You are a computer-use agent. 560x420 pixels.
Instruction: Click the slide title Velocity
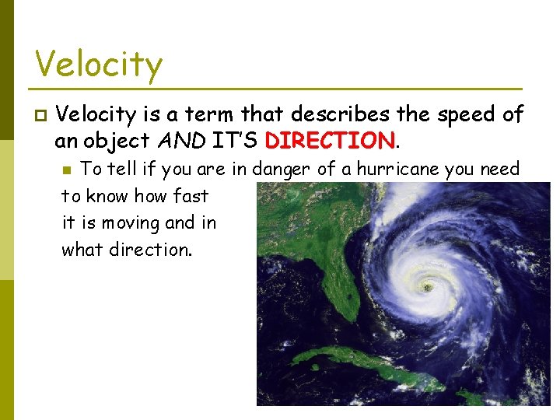[99, 64]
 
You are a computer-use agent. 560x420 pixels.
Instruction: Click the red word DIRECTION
[330, 142]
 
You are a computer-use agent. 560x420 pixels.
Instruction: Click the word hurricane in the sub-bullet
[398, 169]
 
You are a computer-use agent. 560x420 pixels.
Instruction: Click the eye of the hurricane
[426, 288]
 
